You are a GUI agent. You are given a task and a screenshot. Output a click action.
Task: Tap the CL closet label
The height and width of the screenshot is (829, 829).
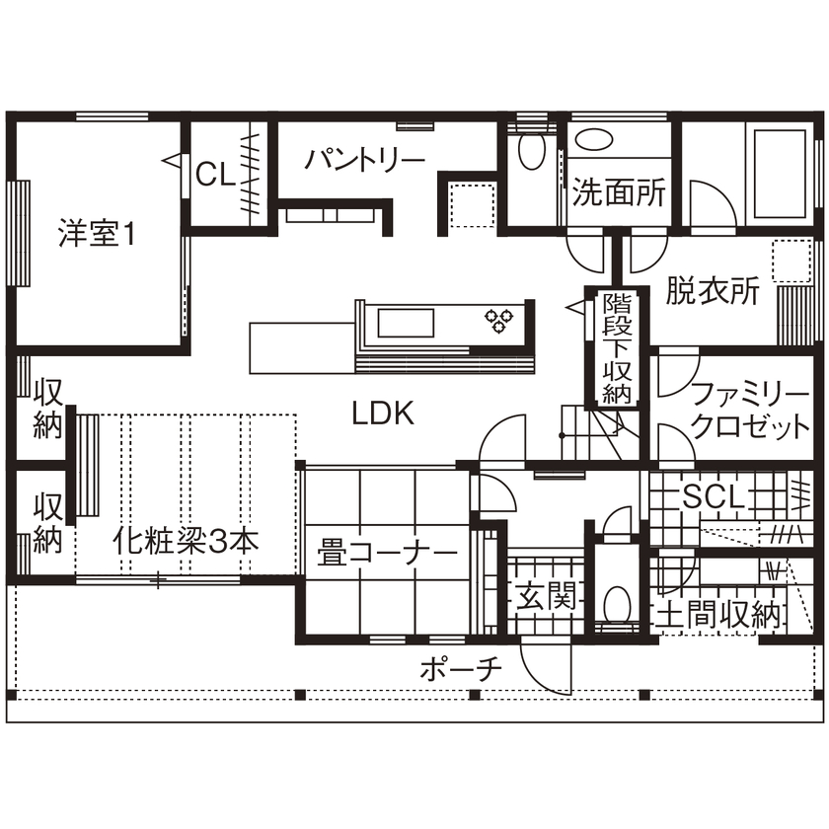213,175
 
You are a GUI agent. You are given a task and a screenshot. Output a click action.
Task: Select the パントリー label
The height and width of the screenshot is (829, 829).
364,159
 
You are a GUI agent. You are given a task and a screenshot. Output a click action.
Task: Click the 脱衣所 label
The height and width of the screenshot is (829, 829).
712,290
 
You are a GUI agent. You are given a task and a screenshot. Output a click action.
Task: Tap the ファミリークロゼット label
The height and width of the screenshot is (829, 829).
749,412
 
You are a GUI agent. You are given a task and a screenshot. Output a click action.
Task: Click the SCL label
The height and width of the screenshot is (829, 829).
712,496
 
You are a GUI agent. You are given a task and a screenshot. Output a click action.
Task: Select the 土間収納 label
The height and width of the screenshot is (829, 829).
718,613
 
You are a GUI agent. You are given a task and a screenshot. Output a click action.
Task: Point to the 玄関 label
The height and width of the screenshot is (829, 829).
543,596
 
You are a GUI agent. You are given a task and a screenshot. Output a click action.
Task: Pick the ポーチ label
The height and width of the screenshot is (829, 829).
460,668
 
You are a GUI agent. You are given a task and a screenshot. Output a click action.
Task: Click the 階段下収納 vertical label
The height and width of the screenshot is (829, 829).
617,347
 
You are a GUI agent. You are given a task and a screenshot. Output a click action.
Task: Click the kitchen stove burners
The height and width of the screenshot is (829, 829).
498,319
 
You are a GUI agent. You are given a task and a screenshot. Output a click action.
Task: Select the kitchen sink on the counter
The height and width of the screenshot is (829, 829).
403,322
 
